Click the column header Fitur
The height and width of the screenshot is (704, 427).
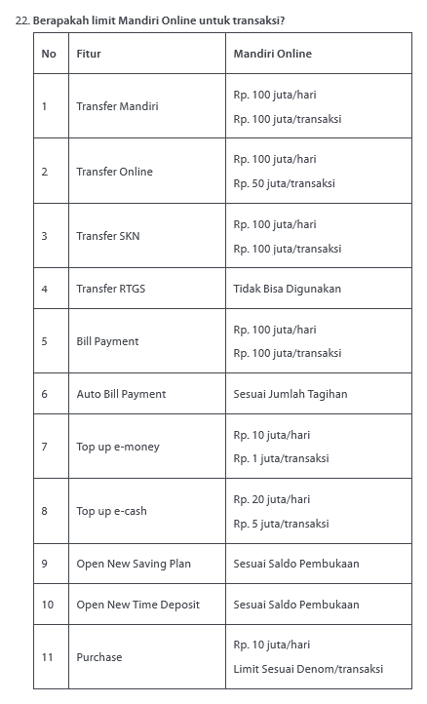pyautogui.click(x=88, y=53)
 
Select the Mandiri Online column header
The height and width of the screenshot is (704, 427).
pyautogui.click(x=272, y=53)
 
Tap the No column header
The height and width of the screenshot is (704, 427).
pyautogui.click(x=49, y=53)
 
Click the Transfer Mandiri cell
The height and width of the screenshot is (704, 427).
pyautogui.click(x=117, y=105)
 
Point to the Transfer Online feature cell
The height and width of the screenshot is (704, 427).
pyautogui.click(x=114, y=172)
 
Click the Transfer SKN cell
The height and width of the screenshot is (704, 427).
pyautogui.click(x=108, y=236)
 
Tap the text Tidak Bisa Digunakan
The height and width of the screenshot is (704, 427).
pyautogui.click(x=287, y=289)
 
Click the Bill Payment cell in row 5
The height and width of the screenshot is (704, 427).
pyautogui.click(x=107, y=341)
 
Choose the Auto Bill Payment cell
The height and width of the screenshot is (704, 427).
pyautogui.click(x=121, y=394)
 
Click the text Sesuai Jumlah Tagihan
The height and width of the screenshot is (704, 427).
pyautogui.click(x=291, y=394)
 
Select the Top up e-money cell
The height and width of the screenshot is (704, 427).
pyautogui.click(x=118, y=447)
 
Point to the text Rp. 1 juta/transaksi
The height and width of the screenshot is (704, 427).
pyautogui.click(x=281, y=458)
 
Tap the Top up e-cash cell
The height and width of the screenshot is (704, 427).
pyautogui.click(x=111, y=511)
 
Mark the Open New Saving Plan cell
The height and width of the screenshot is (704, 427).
pyautogui.click(x=134, y=564)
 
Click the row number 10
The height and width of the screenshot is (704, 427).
pyautogui.click(x=48, y=605)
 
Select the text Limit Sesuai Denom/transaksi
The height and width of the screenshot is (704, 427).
pyautogui.click(x=308, y=669)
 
